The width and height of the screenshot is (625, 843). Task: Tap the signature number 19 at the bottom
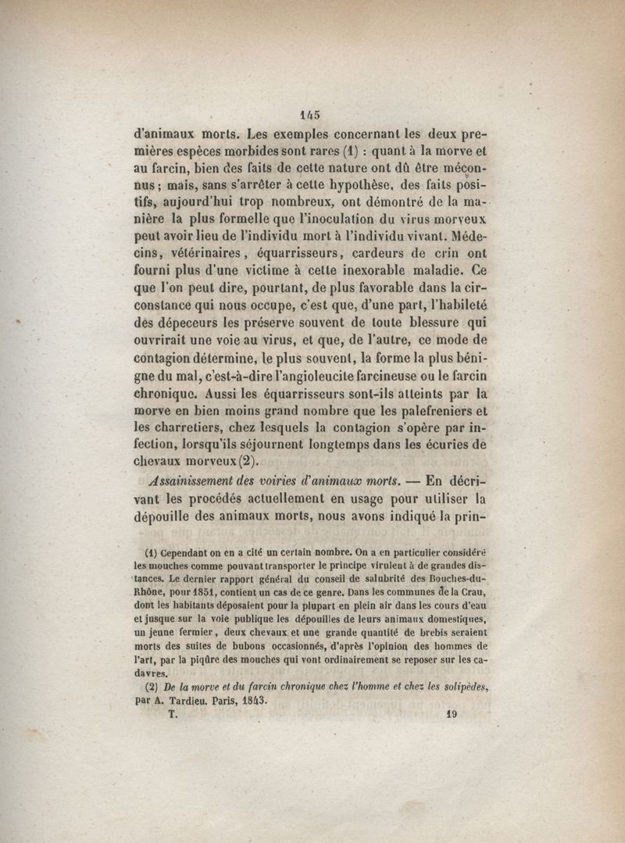[451, 713]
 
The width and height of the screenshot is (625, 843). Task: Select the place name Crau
[476, 592]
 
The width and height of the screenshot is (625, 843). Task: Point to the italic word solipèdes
[461, 686]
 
